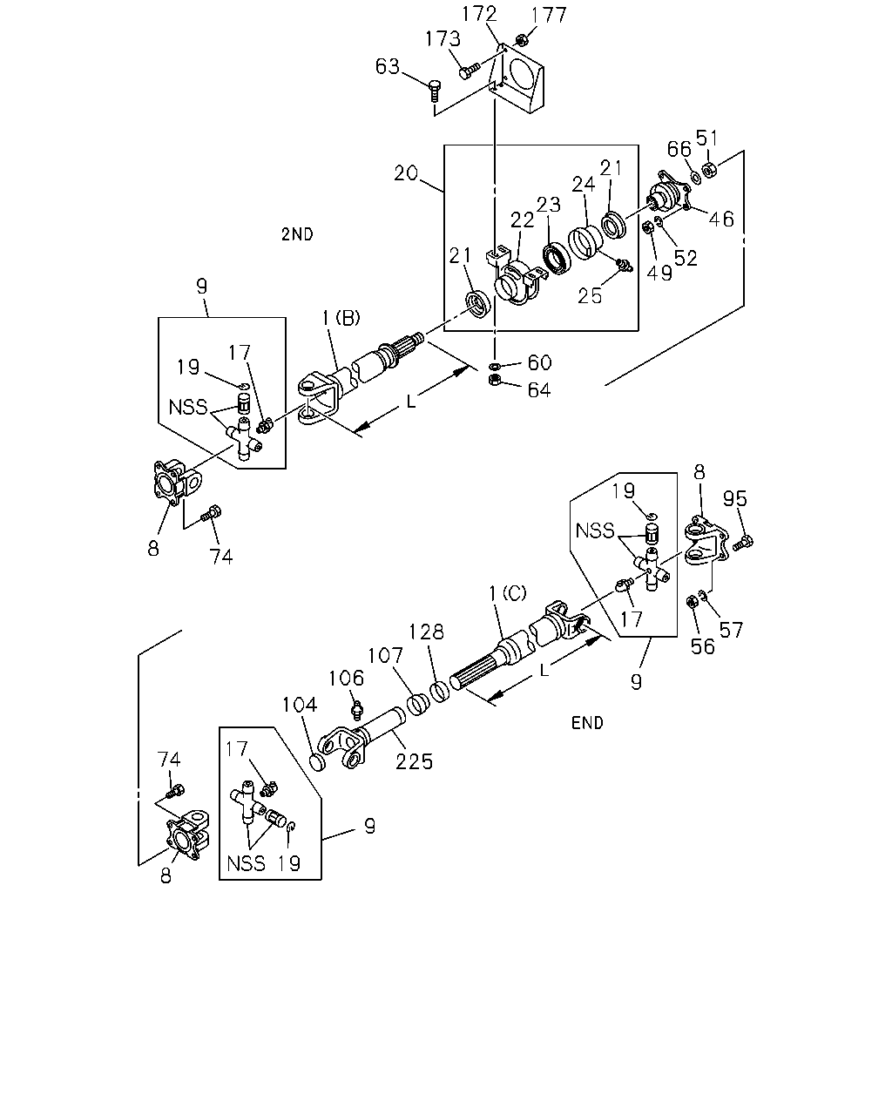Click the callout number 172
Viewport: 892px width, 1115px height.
pos(479,14)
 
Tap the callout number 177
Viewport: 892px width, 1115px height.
pos(549,15)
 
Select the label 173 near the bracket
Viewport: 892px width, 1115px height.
pos(443,39)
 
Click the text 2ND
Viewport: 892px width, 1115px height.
pos(298,234)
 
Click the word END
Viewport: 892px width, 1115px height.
pos(587,723)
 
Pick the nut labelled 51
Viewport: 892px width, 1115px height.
pos(709,168)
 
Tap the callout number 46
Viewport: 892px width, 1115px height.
pos(721,220)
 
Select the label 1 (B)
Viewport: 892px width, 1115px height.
pos(341,318)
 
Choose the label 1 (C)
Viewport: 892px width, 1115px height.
pos(508,594)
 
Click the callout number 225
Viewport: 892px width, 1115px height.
pos(414,761)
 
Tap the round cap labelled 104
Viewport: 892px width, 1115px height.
pos(317,761)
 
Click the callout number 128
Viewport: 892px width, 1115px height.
pos(427,632)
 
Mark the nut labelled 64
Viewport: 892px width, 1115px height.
pos(495,380)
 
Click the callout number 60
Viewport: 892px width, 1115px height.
pos(539,362)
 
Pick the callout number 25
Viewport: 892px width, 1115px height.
pos(590,296)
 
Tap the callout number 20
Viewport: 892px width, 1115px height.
pos(406,173)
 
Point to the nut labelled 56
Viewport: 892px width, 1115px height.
pos(691,602)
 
